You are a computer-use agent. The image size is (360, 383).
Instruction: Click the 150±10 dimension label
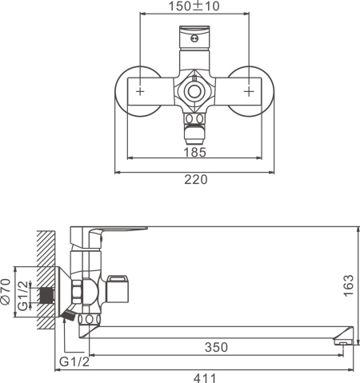pos(194,6)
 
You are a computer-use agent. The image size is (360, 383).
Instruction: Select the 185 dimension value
pos(195,153)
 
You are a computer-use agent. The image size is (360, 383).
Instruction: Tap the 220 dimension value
pos(196,179)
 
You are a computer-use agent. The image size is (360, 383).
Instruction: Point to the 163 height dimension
pos(348,285)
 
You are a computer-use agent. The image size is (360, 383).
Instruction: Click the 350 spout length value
pos(216,347)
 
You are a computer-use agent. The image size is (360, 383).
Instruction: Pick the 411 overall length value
pos(205,378)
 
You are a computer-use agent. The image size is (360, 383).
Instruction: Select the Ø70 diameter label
pos(6,291)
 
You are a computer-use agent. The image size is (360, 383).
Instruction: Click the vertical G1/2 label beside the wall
pos(23,296)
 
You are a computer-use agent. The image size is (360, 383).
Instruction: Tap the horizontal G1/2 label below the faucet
pos(74,361)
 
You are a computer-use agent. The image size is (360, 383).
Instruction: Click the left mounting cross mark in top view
pos(140,91)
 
